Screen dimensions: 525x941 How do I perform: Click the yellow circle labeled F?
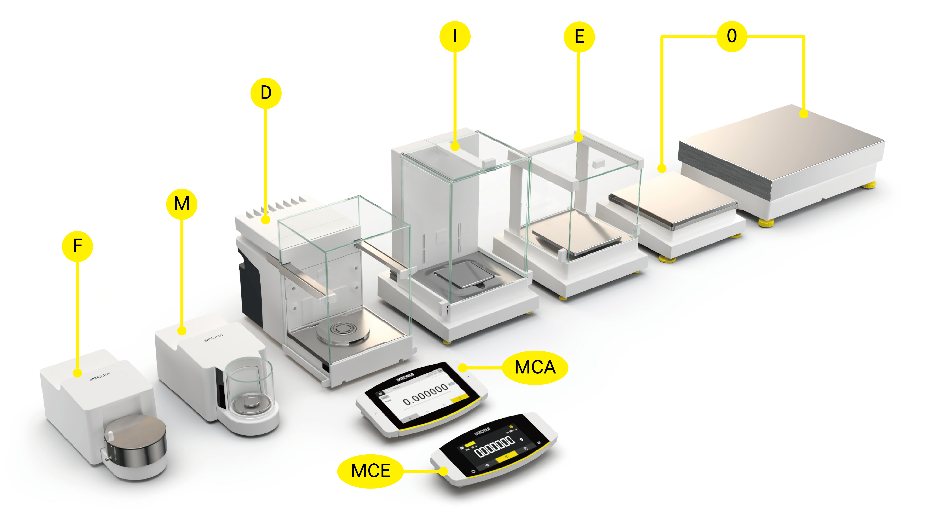click(77, 246)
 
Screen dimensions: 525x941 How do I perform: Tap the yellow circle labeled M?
click(182, 204)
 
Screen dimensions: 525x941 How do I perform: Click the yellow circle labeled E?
click(579, 36)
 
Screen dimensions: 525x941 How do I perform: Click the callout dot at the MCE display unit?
click(443, 471)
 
